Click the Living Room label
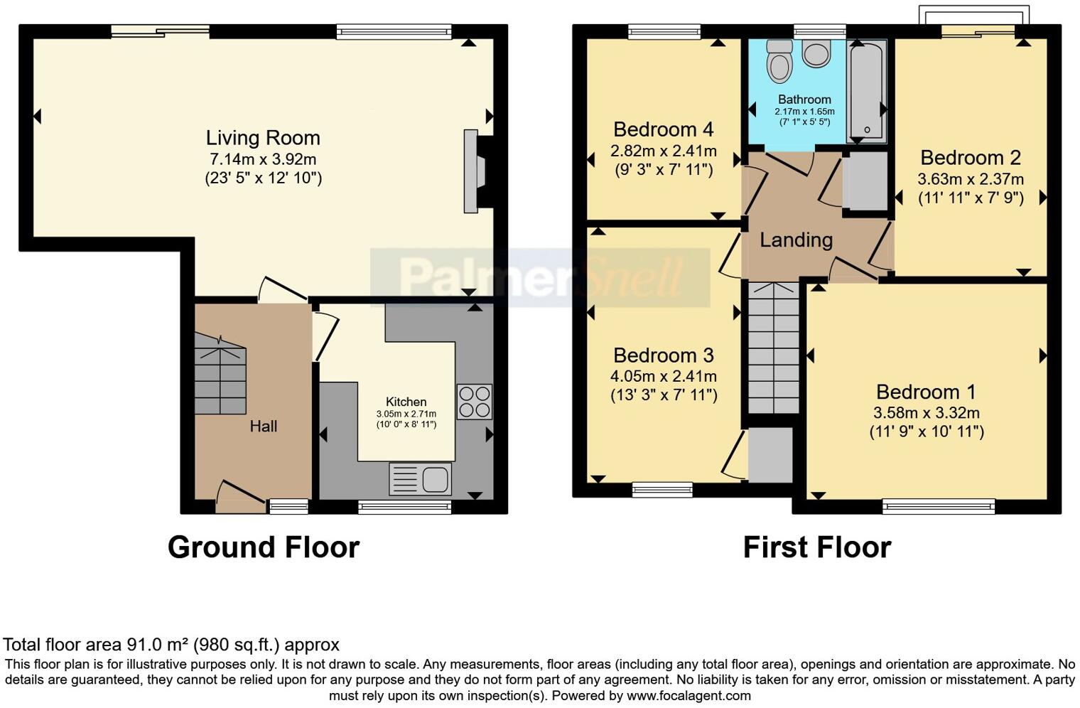(263, 138)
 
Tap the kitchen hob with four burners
(474, 402)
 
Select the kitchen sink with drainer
(420, 478)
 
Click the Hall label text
(263, 427)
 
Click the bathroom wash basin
(816, 54)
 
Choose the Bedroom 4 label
(663, 129)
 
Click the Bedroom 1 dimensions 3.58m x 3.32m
(927, 413)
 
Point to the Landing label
(796, 240)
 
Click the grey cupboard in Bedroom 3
(770, 455)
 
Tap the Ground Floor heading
(263, 547)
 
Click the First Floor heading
(816, 547)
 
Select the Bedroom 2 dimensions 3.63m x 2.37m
(971, 179)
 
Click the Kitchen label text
(406, 402)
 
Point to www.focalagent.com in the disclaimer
(688, 696)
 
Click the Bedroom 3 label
(663, 355)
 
